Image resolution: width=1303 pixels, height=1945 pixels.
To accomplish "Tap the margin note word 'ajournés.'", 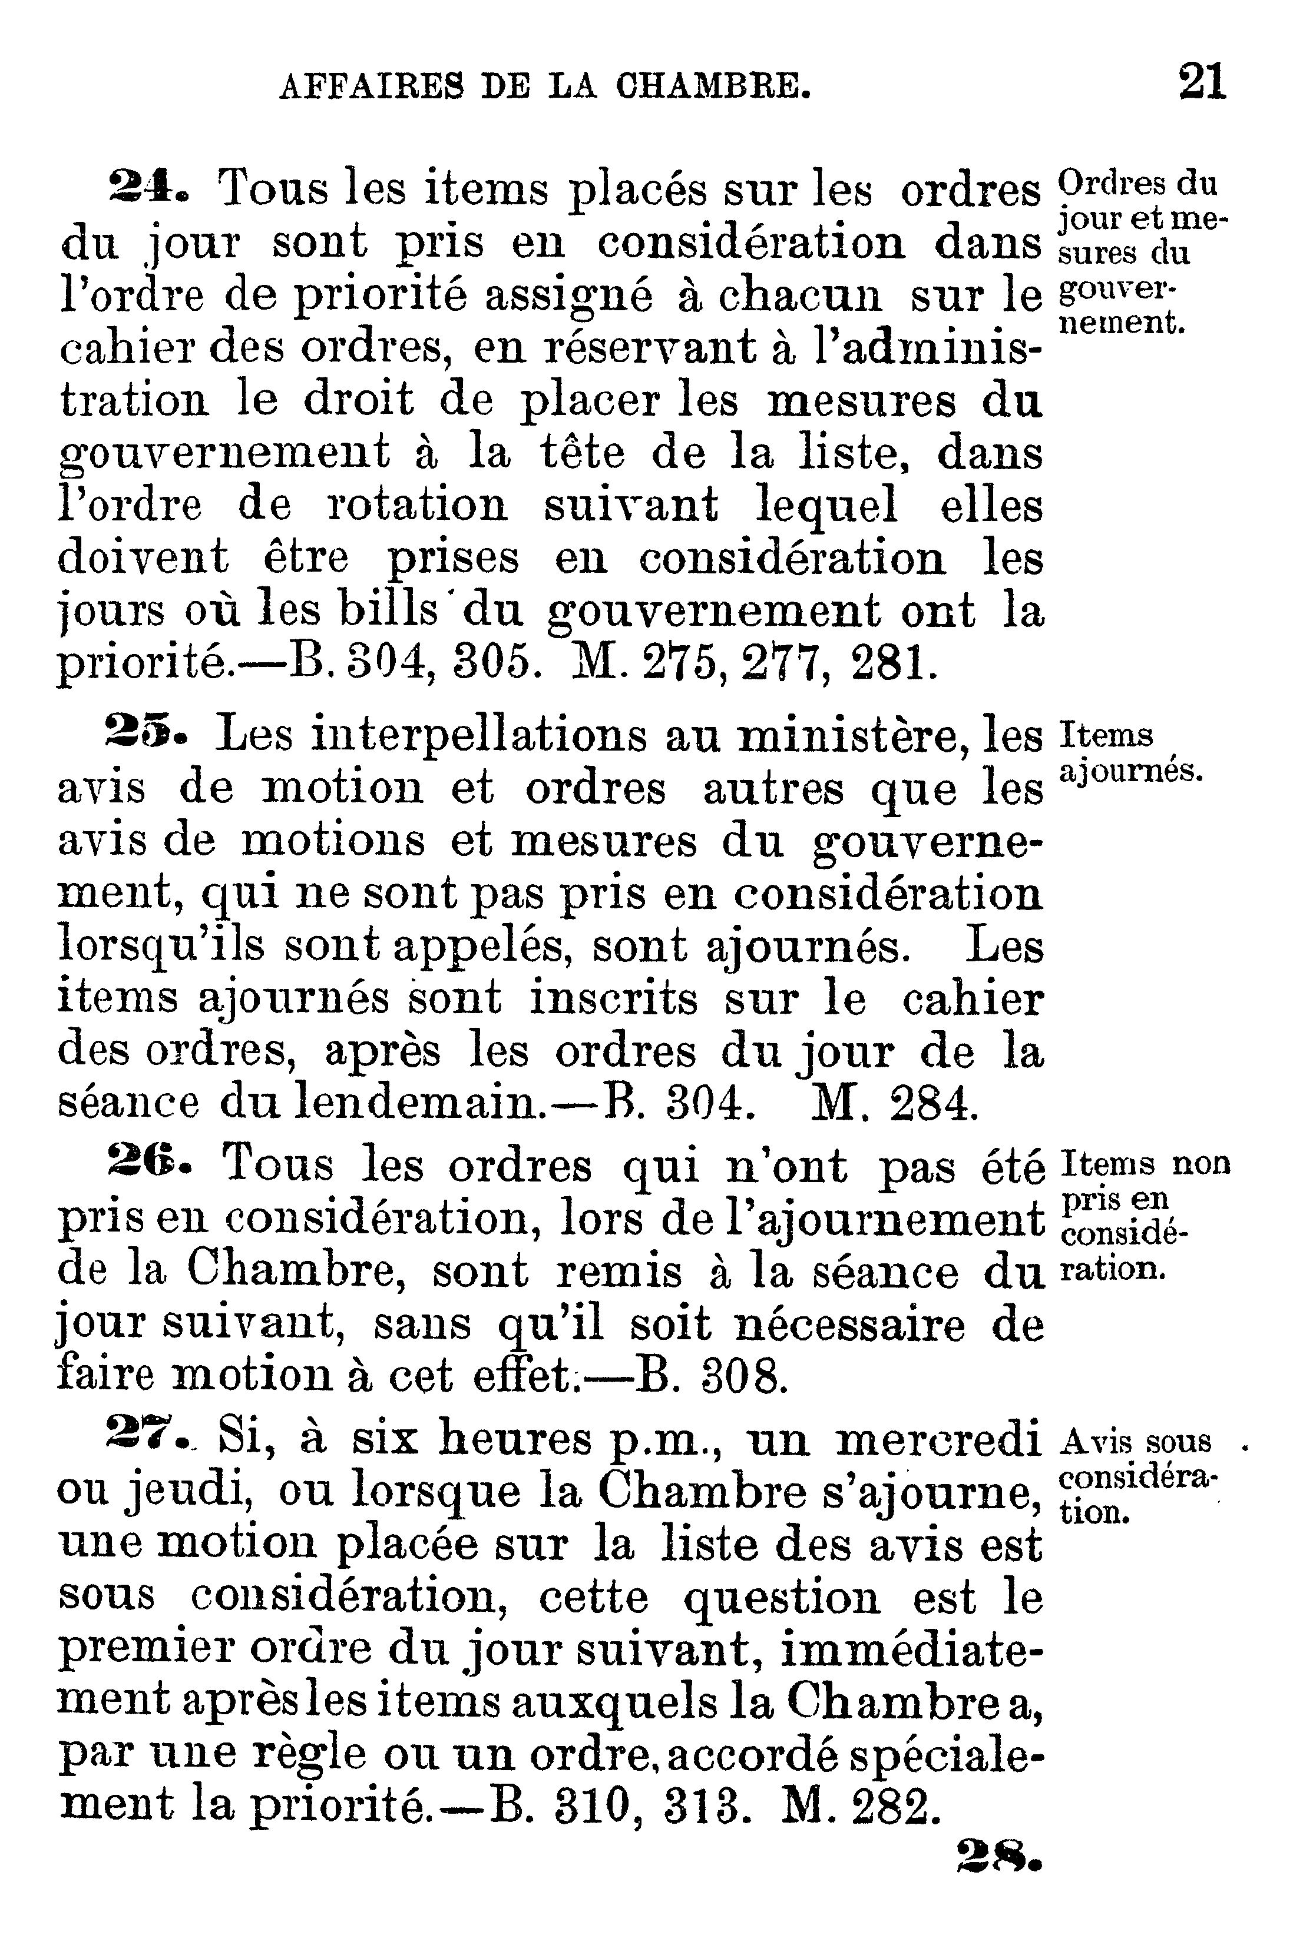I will [1132, 772].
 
